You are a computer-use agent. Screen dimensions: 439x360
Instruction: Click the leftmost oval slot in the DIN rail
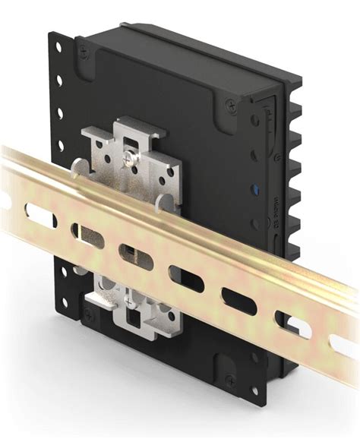point(42,216)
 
